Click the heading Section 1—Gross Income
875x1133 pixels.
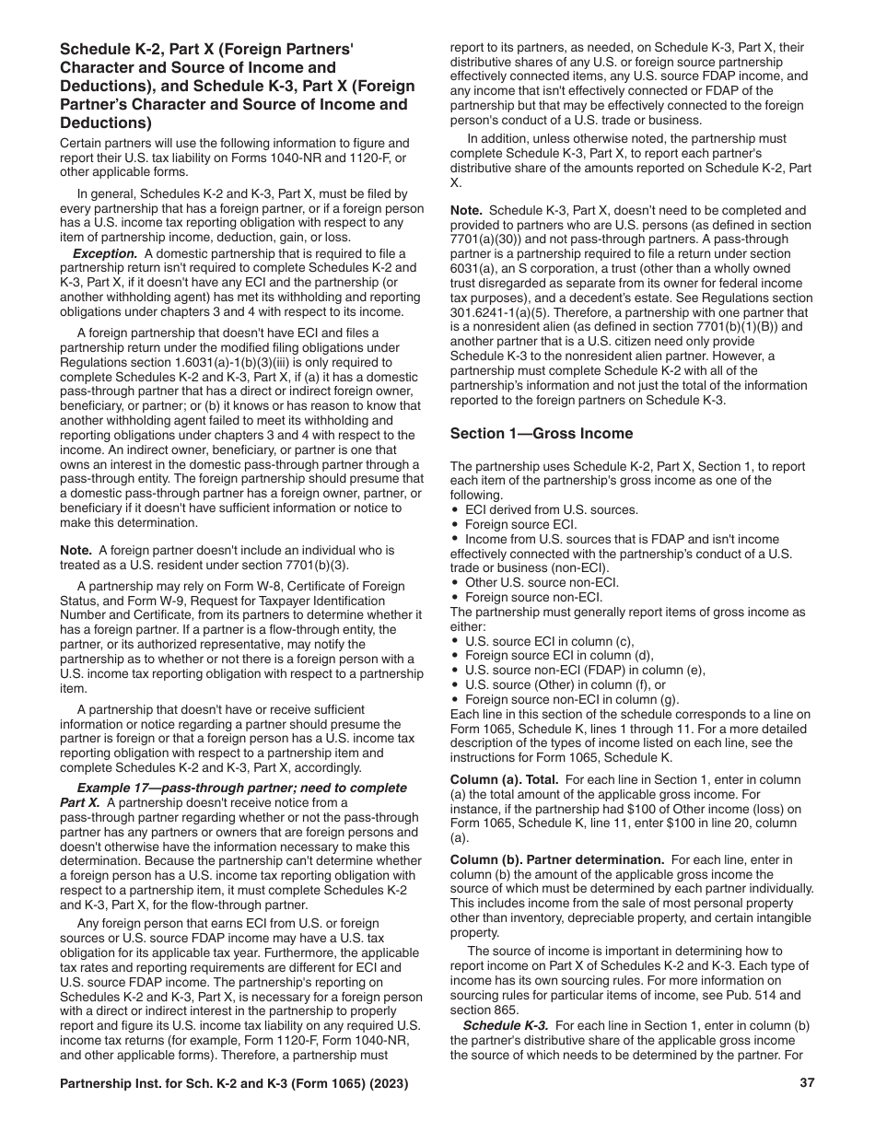(x=542, y=433)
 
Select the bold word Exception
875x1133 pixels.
(x=105, y=253)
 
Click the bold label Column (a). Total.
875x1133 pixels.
(x=506, y=779)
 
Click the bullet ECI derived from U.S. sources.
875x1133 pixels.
(x=551, y=509)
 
